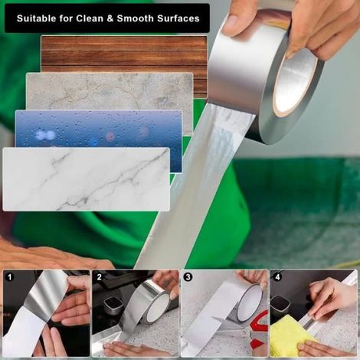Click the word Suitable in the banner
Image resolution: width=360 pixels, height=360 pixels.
pos(36,18)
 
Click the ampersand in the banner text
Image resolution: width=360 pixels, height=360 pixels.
pos(110,18)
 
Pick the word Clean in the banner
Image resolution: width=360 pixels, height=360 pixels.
pos(90,18)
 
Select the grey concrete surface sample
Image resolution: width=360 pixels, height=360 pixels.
pos(110,92)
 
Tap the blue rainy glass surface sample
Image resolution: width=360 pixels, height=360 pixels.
pos(99,129)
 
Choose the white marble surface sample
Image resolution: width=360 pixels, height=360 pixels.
pos(87,179)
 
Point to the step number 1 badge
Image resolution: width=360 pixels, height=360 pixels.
pos(10,277)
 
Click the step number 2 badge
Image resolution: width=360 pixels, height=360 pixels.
pos(100,277)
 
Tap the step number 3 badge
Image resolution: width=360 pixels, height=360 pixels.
pos(188,277)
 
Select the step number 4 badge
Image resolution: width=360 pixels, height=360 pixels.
pos(277,277)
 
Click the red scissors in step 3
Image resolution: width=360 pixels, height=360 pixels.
pos(257,329)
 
